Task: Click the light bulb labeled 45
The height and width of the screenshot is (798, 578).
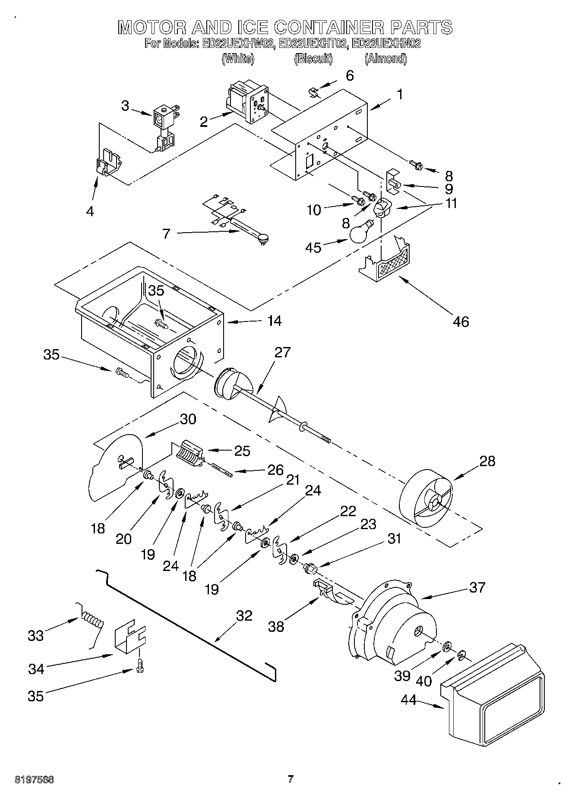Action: (x=361, y=232)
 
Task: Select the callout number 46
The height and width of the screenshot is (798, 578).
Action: (x=461, y=322)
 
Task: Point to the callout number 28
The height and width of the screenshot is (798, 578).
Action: (x=487, y=461)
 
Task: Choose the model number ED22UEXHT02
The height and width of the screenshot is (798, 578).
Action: (x=313, y=44)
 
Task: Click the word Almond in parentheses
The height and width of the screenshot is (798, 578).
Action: (x=385, y=59)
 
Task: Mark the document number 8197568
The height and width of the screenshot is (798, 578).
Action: (x=35, y=779)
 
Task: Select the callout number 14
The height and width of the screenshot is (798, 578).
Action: (x=274, y=321)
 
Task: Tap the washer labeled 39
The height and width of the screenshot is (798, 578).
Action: (x=447, y=646)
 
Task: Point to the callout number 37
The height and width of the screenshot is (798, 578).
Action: (x=477, y=587)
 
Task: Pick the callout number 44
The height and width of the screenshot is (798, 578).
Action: (x=408, y=700)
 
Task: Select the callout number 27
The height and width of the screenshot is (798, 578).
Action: (x=282, y=352)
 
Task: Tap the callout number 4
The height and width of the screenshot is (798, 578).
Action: (x=90, y=211)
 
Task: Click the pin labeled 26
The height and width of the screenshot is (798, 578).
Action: (x=223, y=470)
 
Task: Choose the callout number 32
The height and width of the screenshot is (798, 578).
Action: (x=244, y=615)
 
